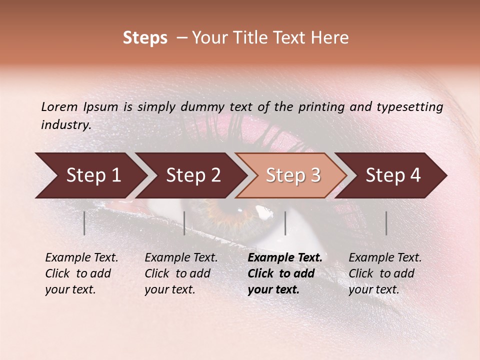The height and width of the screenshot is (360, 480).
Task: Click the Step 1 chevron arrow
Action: click(x=92, y=175)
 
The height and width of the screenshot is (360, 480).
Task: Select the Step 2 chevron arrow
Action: click(x=192, y=175)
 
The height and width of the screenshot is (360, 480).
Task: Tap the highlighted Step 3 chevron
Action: click(x=292, y=175)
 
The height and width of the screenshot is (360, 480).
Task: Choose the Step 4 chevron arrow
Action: click(x=392, y=175)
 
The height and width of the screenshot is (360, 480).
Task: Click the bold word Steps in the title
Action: click(x=145, y=38)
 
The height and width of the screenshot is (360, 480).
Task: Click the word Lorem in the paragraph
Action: click(x=58, y=106)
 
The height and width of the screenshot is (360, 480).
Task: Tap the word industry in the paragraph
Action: click(x=65, y=125)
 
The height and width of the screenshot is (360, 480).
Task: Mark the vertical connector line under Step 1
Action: click(x=84, y=223)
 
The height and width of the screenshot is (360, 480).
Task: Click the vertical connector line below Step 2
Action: click(x=184, y=223)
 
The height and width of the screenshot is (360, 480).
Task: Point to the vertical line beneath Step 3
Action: click(x=285, y=223)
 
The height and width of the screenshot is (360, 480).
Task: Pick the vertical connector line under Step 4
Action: click(x=386, y=223)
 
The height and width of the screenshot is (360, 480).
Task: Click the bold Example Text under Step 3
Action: click(x=285, y=257)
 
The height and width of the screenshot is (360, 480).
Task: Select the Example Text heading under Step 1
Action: click(x=81, y=257)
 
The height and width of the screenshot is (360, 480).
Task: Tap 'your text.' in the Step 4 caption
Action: click(x=373, y=289)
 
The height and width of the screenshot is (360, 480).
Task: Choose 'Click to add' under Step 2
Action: click(x=177, y=273)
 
